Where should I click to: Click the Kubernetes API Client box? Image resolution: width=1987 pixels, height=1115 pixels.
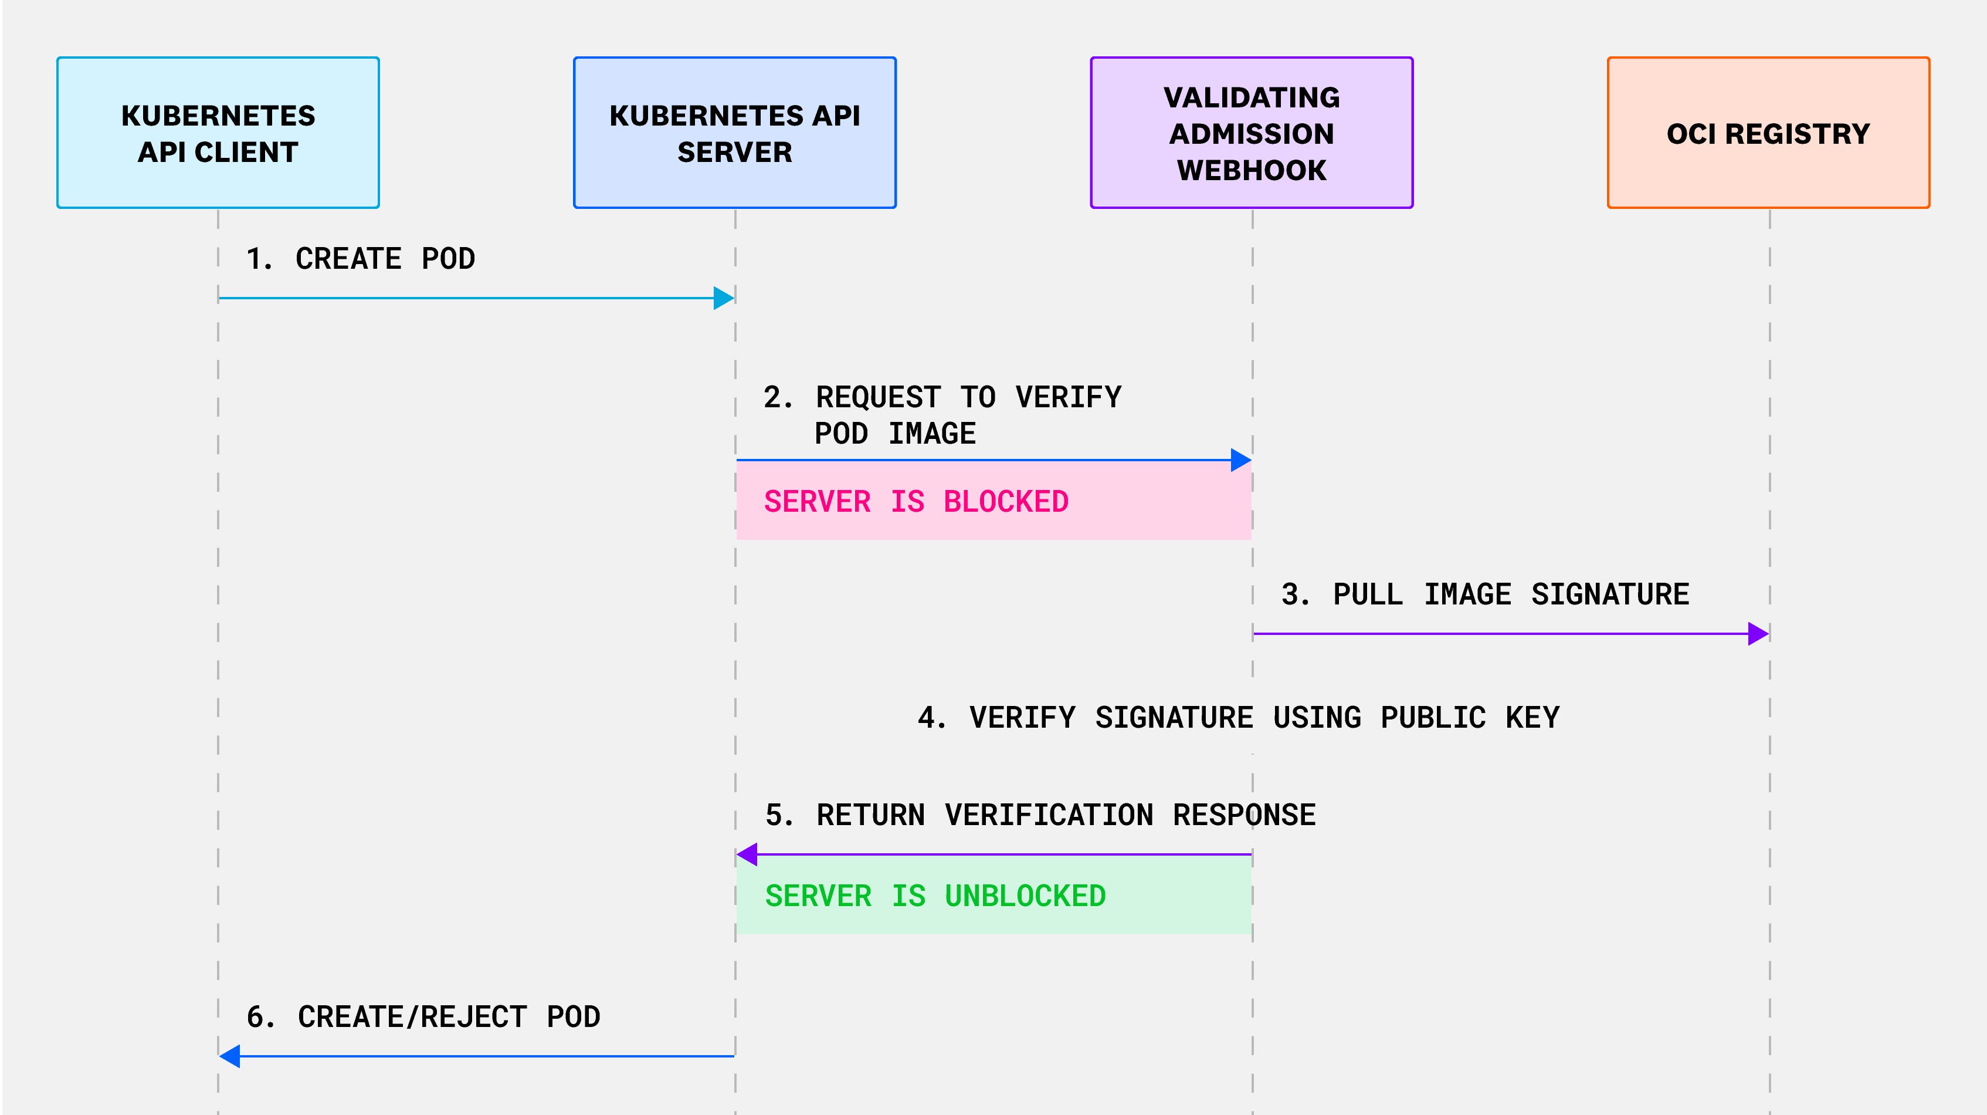(218, 133)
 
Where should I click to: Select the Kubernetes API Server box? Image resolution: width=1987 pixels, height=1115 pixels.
(734, 133)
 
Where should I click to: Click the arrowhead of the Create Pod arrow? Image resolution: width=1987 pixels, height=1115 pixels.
(724, 298)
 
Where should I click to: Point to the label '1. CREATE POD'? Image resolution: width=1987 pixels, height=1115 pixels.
(360, 258)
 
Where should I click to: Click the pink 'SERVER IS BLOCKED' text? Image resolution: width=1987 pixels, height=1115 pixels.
(915, 502)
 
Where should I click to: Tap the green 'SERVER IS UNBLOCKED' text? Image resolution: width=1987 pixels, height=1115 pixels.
(935, 896)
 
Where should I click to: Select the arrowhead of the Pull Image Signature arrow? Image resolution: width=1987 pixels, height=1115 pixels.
(1758, 634)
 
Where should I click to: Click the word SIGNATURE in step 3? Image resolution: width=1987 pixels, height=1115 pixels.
(1610, 594)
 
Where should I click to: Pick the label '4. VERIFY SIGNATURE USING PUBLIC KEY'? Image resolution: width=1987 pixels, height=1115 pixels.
(1238, 718)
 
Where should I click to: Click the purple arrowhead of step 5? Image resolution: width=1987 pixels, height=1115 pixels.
(747, 854)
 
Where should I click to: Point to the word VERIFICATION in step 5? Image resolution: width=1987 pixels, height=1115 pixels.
(1049, 815)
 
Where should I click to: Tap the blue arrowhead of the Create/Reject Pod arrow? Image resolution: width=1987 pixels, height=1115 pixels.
(230, 1056)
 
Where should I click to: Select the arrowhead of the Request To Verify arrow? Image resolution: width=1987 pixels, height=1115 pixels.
(1240, 460)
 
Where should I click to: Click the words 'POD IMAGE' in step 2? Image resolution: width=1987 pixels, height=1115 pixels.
(895, 434)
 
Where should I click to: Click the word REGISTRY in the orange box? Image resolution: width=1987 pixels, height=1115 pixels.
(1797, 133)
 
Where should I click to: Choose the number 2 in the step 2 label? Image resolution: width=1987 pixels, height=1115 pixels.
(773, 397)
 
